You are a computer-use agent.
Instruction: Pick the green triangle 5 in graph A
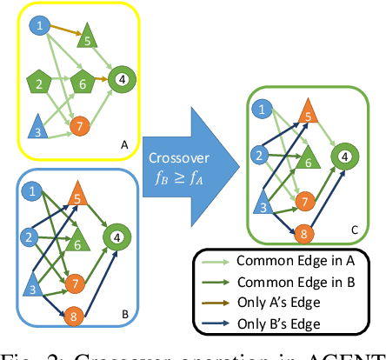coord(86,39)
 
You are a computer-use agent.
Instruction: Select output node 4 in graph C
coord(345,157)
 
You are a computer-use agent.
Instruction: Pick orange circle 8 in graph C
coord(304,233)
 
